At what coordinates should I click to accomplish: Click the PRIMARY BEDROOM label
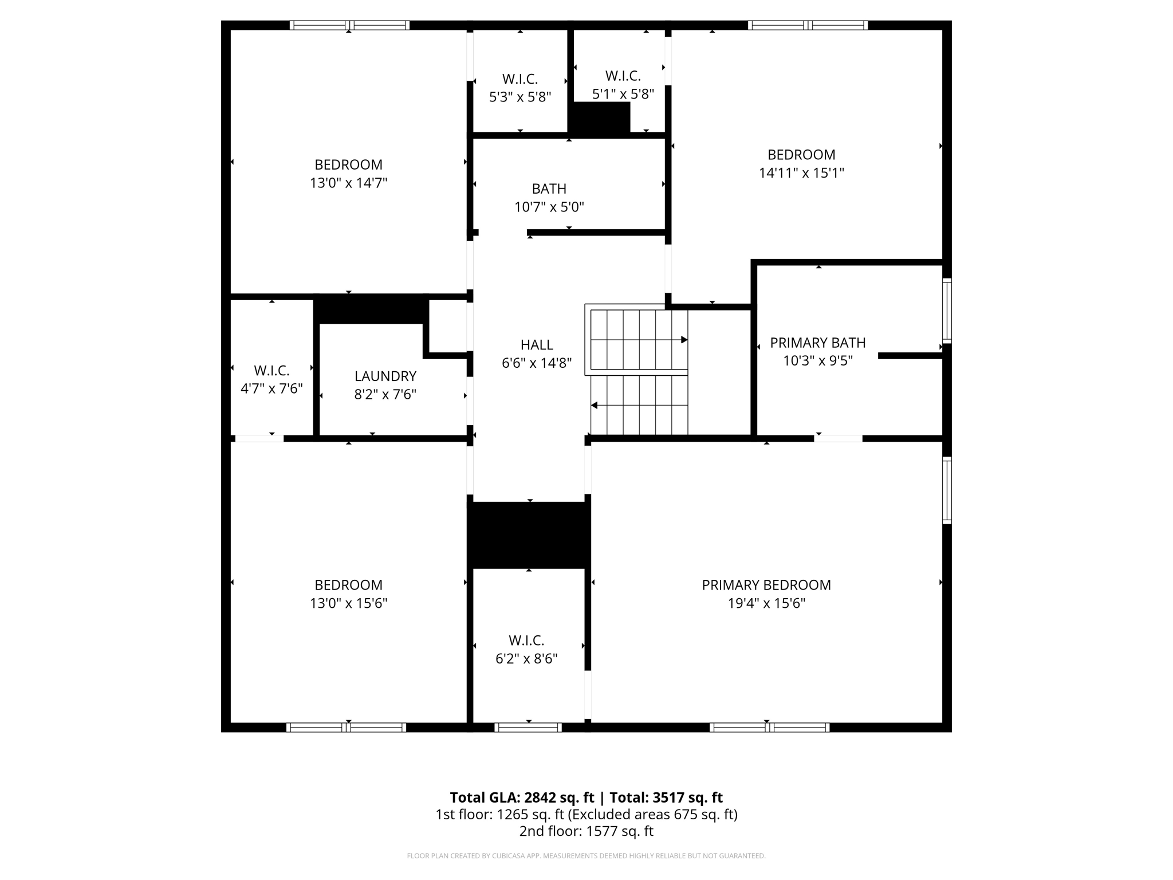766,585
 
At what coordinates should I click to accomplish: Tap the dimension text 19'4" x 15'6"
766,603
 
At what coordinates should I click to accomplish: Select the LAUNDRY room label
385,376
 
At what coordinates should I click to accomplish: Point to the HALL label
537,345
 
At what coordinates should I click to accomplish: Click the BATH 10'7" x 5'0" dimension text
549,207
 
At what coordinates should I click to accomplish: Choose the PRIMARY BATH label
817,343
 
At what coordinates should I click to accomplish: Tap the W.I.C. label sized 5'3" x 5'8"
519,79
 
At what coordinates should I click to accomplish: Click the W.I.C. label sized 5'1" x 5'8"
623,76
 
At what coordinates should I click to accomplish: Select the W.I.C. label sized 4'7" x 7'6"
271,370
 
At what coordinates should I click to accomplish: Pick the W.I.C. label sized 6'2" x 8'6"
526,641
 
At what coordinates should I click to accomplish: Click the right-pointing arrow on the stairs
683,340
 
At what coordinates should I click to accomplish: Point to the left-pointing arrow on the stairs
595,405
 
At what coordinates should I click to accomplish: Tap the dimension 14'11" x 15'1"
801,173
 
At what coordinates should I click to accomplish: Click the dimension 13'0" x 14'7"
348,183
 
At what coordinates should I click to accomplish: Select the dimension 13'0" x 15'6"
348,603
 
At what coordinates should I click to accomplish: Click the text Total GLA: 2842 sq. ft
522,797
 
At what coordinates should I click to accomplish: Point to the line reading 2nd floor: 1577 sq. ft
586,831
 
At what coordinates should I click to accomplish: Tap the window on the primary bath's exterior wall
947,310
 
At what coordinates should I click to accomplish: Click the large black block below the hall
529,535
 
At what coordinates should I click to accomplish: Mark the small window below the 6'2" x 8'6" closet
528,728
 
